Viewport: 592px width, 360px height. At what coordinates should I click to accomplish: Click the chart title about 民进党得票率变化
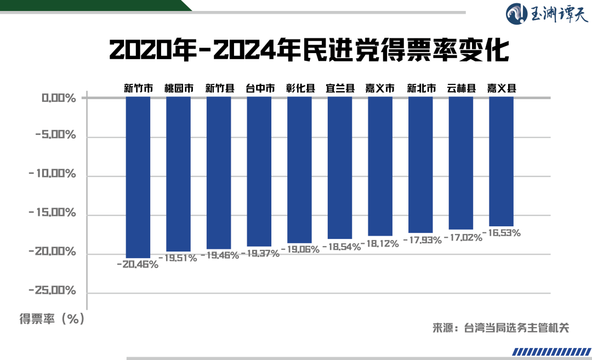point(310,50)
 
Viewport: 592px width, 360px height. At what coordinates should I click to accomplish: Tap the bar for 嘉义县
point(501,161)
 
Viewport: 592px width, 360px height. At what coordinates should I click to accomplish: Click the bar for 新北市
point(420,165)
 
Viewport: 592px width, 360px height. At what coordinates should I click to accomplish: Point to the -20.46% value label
point(138,265)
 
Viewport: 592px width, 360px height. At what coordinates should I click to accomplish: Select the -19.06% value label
point(299,249)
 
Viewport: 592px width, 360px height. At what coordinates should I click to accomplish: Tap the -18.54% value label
point(340,247)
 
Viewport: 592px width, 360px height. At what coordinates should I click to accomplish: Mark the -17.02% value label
point(461,238)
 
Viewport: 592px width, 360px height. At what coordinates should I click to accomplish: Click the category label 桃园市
point(179,88)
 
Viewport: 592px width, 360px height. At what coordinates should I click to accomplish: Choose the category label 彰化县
point(300,88)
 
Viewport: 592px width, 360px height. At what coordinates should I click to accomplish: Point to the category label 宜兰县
point(340,88)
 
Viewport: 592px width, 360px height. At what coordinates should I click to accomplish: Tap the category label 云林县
point(461,88)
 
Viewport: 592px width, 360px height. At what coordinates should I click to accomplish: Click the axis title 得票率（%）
point(53,319)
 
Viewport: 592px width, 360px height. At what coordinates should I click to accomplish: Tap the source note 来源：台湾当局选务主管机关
point(501,328)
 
